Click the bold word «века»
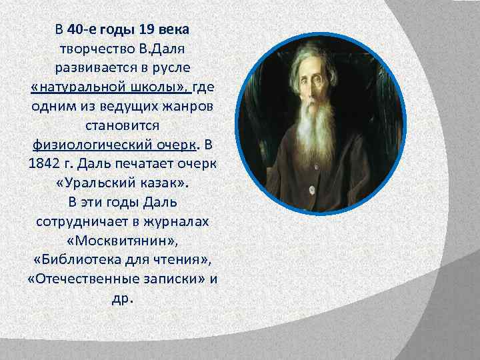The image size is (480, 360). click(x=173, y=29)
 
